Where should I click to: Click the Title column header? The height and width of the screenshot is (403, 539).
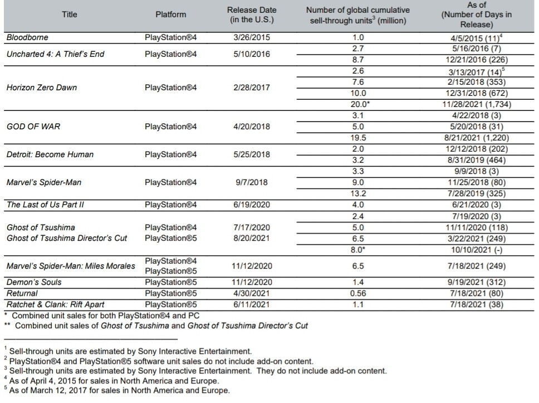pyautogui.click(x=70, y=15)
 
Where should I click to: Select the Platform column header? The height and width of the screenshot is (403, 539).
pyautogui.click(x=170, y=15)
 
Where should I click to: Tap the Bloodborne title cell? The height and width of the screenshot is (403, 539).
pyautogui.click(x=27, y=37)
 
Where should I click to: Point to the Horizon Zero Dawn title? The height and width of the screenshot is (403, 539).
pyautogui.click(x=42, y=88)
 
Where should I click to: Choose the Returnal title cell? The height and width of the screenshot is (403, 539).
pyautogui.click(x=22, y=293)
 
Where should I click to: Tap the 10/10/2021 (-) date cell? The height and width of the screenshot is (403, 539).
pyautogui.click(x=477, y=249)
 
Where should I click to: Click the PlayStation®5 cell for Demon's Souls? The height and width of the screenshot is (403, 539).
pyautogui.click(x=170, y=282)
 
